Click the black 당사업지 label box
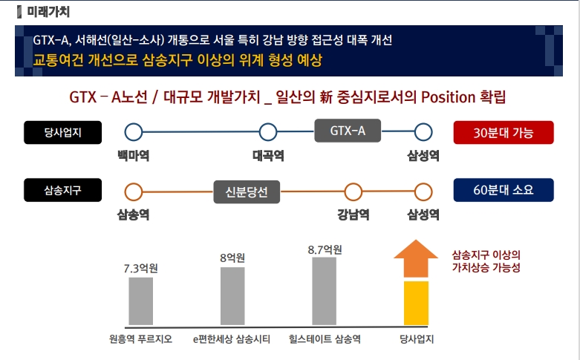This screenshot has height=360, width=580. (x=53, y=132)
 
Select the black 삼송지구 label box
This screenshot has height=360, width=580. (x=53, y=191)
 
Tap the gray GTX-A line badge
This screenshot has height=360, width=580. (x=348, y=131)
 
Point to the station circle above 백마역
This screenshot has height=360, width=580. (x=134, y=132)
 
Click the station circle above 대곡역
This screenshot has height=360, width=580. (x=268, y=132)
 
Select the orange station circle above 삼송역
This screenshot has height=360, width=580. (x=134, y=192)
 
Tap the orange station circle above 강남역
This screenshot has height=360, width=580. (x=353, y=192)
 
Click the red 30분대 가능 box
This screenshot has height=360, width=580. (x=504, y=132)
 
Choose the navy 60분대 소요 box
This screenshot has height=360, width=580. (x=504, y=191)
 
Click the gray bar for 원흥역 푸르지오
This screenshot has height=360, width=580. (x=140, y=301)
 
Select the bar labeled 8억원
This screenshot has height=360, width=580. (x=232, y=296)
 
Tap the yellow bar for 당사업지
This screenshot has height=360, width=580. (x=416, y=303)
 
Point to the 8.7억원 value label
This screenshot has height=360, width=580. (x=325, y=249)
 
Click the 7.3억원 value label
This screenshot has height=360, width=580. (x=140, y=269)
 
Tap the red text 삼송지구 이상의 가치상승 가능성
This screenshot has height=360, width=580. (x=486, y=261)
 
